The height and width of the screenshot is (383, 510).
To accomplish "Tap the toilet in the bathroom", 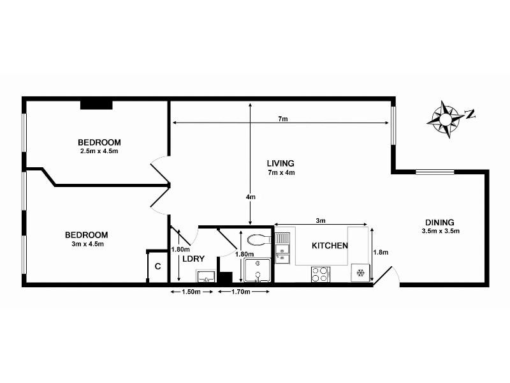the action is (x=259, y=241).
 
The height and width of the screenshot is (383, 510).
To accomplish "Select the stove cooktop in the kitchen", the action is (x=321, y=274).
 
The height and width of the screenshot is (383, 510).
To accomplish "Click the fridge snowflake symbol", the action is (x=360, y=273).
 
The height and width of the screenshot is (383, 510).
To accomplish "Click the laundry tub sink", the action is (x=205, y=276).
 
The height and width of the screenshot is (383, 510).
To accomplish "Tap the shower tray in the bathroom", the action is (x=258, y=270).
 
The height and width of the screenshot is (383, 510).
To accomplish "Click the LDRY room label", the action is (x=193, y=259).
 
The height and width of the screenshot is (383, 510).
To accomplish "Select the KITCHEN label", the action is (x=330, y=246).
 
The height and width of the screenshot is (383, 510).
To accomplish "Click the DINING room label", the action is (x=440, y=223).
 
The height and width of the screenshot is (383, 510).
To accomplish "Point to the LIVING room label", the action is (x=280, y=163).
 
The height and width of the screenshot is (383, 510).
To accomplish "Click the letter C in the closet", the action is (x=157, y=267).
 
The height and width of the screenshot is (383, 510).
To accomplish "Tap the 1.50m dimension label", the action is (x=191, y=292).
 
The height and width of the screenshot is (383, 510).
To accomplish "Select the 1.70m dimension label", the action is (x=241, y=292).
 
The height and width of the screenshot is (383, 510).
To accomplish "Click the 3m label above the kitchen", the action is (x=321, y=220).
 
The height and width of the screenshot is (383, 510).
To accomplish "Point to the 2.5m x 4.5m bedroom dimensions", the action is (x=99, y=151).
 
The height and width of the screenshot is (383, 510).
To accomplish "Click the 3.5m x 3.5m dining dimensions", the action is (x=441, y=231).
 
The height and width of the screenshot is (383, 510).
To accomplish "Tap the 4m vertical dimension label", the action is (x=251, y=197).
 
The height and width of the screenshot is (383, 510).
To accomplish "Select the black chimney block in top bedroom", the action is (x=96, y=105).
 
